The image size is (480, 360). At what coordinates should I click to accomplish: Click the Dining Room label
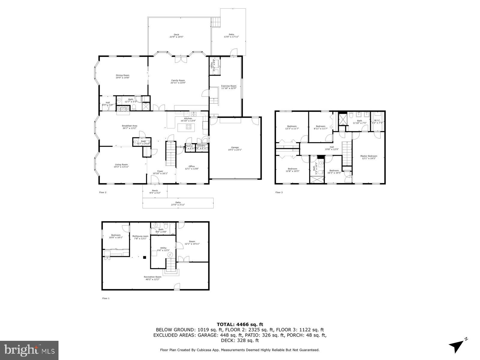122,75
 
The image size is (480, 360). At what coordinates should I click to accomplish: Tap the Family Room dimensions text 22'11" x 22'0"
178,83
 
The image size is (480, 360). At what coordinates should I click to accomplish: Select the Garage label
235,147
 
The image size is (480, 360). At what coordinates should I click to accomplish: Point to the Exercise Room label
229,86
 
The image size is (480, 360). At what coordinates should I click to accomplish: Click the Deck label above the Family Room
176,34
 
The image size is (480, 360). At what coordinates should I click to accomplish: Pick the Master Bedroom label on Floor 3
369,156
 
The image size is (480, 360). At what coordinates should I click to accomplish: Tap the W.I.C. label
377,121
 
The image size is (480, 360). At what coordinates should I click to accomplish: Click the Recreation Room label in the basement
152,277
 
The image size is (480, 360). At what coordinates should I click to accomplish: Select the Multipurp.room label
140,236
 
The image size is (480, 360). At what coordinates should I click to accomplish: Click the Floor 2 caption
103,192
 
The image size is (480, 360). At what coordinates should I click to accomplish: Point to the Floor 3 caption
279,192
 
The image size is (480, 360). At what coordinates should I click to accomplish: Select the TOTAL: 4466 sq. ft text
240,324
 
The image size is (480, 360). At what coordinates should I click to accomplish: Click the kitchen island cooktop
189,127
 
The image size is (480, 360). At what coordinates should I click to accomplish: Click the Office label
192,166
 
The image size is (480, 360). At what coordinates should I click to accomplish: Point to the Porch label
155,190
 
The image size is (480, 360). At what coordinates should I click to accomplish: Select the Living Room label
121,164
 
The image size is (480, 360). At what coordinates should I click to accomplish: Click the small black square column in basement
145,257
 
